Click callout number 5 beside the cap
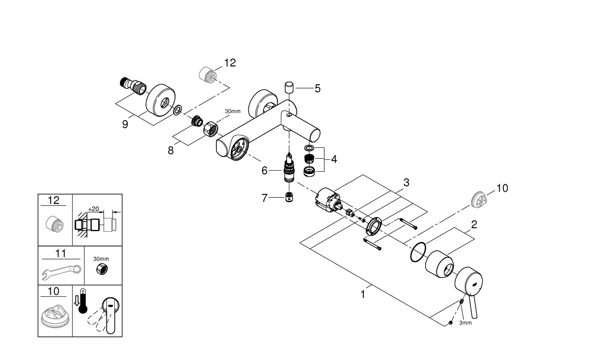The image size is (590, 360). click(x=317, y=89)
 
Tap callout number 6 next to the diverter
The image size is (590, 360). click(x=264, y=171)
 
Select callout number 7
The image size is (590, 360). click(x=264, y=198)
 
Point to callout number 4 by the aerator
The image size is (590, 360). click(x=334, y=159)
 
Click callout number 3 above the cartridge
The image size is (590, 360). click(x=406, y=182)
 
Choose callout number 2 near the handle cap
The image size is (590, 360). click(x=474, y=225)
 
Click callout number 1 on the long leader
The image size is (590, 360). click(x=363, y=294)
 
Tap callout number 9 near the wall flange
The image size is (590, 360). click(x=125, y=125)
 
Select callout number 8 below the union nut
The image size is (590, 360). click(x=171, y=150)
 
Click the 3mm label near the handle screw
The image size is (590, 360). click(x=465, y=323)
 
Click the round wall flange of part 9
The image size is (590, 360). click(x=159, y=99)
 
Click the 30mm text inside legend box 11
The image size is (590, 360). click(x=101, y=259)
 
